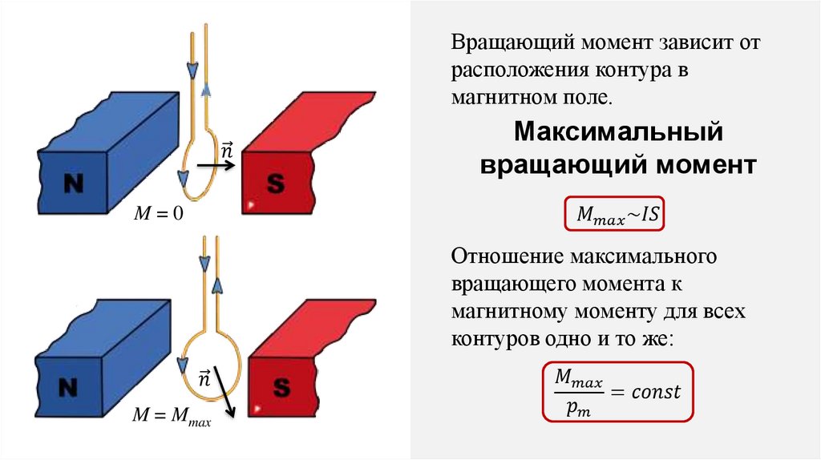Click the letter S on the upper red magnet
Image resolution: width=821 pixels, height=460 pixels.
click(x=275, y=184)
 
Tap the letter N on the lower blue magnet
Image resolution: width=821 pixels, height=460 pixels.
click(x=70, y=388)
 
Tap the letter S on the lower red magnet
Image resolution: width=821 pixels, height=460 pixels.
click(x=281, y=389)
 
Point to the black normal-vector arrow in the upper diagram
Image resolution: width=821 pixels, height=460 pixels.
click(x=215, y=166)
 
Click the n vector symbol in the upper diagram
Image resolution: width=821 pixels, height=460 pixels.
click(x=226, y=150)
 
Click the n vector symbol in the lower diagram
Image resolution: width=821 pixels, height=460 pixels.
click(x=204, y=377)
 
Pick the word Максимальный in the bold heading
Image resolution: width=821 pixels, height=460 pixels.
click(x=618, y=131)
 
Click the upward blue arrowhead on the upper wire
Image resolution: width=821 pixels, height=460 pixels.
click(x=206, y=89)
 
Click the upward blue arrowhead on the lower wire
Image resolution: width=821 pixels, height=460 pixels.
click(x=216, y=286)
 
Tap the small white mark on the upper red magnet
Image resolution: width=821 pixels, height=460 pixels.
click(x=251, y=206)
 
